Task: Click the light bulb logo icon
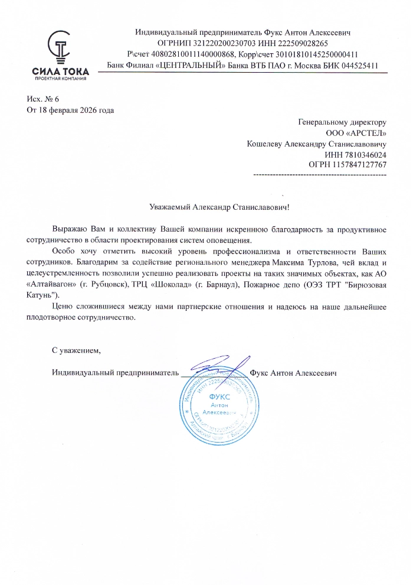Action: [60, 47]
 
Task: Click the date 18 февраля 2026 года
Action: [76, 110]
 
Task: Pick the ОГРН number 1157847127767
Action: [360, 164]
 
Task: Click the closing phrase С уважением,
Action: [77, 350]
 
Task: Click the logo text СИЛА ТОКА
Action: [61, 72]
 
